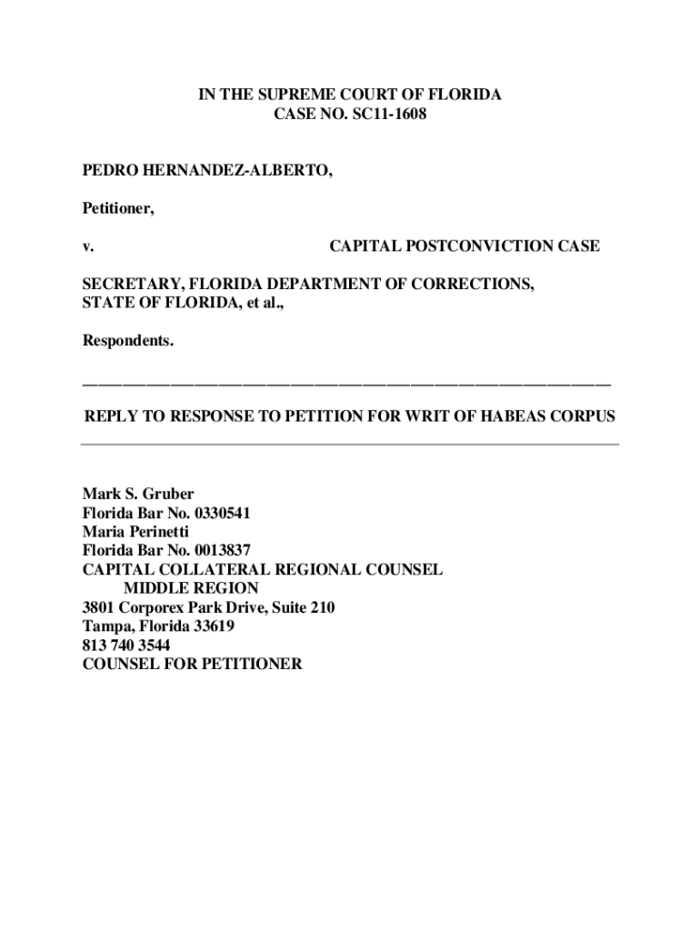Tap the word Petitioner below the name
point(116,209)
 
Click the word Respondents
point(128,341)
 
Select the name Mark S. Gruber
point(138,494)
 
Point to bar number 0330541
point(216,513)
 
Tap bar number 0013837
point(216,550)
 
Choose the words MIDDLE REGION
point(197,588)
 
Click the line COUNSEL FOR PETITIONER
point(192,664)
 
